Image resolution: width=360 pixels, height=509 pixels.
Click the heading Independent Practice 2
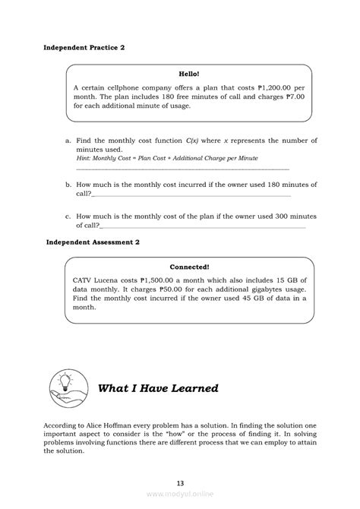[x=84, y=47]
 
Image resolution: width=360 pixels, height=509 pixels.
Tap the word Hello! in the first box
[x=188, y=74]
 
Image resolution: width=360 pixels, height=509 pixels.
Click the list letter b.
[x=68, y=185]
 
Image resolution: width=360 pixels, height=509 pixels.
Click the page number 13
[x=180, y=484]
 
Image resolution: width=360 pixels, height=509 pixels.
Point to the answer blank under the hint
[x=182, y=167]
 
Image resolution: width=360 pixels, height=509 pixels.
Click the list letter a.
[x=68, y=141]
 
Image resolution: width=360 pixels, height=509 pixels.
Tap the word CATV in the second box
[x=84, y=280]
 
